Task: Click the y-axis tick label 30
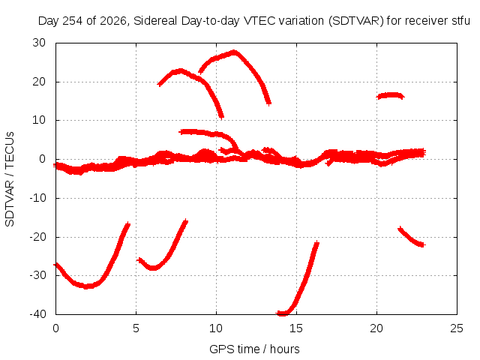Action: (39, 43)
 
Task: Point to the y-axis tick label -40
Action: (38, 314)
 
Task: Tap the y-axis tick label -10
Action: (38, 198)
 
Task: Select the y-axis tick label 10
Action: (39, 120)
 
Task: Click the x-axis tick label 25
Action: (457, 328)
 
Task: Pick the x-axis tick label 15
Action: (296, 328)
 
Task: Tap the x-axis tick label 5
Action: (136, 328)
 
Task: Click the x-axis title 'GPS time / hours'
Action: (254, 349)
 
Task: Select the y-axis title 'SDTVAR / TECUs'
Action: (10, 179)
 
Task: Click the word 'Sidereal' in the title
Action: (155, 21)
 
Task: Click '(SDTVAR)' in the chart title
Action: (356, 21)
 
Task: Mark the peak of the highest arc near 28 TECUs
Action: (234, 52)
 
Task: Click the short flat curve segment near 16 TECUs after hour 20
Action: (390, 95)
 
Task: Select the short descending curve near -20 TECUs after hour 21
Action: (411, 237)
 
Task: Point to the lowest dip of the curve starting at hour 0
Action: (86, 286)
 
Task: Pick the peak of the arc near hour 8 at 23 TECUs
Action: (181, 71)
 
